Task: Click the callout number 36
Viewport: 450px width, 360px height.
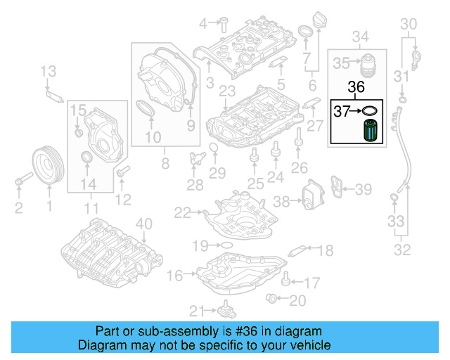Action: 357,88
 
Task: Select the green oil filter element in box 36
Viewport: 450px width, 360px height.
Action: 371,131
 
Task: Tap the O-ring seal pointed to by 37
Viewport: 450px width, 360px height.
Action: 368,110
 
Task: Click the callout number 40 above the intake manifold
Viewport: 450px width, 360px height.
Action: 143,224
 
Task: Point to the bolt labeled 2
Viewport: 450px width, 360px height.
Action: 19,184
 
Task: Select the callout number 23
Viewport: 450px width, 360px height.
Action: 226,91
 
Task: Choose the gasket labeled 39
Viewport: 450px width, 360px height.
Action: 341,188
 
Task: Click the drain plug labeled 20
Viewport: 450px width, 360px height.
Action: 272,300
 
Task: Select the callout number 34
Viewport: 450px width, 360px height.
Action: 360,36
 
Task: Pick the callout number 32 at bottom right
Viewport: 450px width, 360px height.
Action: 401,249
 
